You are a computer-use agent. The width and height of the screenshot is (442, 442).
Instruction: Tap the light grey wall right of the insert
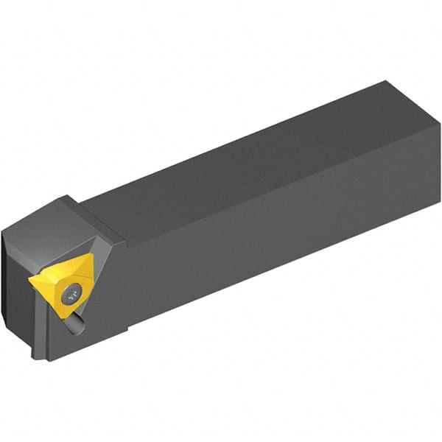[100, 284]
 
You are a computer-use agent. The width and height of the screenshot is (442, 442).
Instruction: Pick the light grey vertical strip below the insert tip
[41, 324]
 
